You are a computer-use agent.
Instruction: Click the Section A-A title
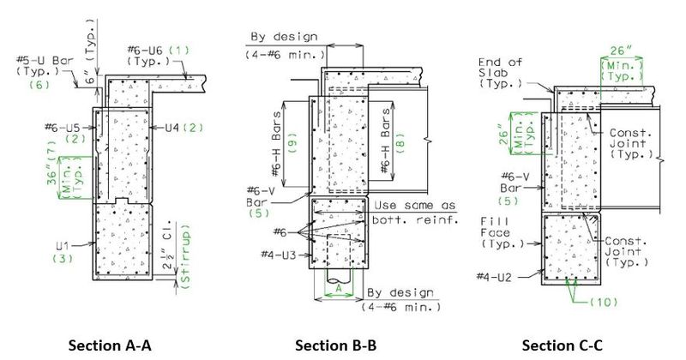pos(110,345)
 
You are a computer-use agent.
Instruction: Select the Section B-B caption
pos(335,345)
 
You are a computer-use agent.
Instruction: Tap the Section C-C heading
pos(563,345)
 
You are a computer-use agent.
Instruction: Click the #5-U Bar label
pos(45,60)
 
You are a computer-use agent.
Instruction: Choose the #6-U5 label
pos(62,128)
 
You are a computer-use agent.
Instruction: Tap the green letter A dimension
pos(338,289)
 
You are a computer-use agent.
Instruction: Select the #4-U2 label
pos(494,277)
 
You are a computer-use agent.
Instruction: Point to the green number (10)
pos(604,302)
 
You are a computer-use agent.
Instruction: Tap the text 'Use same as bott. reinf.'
pos(414,213)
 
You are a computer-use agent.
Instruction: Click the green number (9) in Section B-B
pos(293,142)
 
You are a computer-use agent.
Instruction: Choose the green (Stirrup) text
pos(186,257)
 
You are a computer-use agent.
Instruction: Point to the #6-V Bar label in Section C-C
pos(515,183)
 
